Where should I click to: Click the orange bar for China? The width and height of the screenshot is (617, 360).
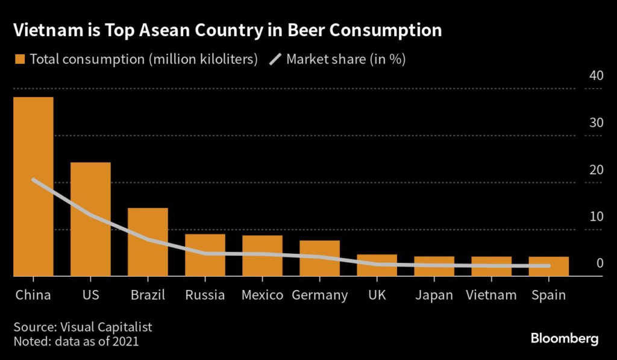[33, 186]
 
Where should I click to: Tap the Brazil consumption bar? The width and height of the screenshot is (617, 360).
[148, 242]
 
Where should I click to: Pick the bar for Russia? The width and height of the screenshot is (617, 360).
[205, 255]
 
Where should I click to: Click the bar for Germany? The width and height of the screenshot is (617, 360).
[319, 258]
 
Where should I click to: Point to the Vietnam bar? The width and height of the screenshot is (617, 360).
[491, 266]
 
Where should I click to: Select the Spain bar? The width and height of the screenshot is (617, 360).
[548, 266]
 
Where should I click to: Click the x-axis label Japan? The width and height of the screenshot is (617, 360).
[434, 295]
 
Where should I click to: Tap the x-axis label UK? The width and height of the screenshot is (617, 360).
[377, 295]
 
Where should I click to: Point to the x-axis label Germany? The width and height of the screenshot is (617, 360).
[319, 295]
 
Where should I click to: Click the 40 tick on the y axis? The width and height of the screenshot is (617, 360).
[596, 76]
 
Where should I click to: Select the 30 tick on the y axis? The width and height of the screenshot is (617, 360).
[596, 122]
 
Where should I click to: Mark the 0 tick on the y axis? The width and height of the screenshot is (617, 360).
[600, 263]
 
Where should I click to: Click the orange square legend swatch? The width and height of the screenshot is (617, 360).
[20, 59]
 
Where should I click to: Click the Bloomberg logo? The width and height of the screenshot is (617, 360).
[564, 338]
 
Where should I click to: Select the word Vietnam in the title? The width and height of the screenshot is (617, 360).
[42, 30]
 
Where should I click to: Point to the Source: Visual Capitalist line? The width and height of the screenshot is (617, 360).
[83, 327]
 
